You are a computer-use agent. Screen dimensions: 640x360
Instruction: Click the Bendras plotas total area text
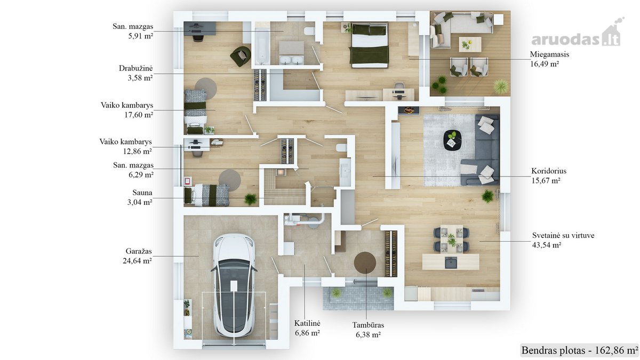click(x=580, y=350)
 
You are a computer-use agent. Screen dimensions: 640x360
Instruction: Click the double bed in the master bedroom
click(x=370, y=45)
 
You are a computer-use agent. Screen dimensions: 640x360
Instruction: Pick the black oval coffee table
click(x=452, y=140)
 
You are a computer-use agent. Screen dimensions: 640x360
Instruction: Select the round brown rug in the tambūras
click(x=365, y=262)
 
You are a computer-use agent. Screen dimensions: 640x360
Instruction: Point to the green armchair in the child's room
click(x=241, y=57)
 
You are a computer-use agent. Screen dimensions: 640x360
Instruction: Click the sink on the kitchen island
click(x=451, y=262)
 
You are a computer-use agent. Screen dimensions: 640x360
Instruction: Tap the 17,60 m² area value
click(x=139, y=115)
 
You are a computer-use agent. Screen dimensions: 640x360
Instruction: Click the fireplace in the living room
click(x=409, y=110)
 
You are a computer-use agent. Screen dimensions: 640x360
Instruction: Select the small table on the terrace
click(x=470, y=44)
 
